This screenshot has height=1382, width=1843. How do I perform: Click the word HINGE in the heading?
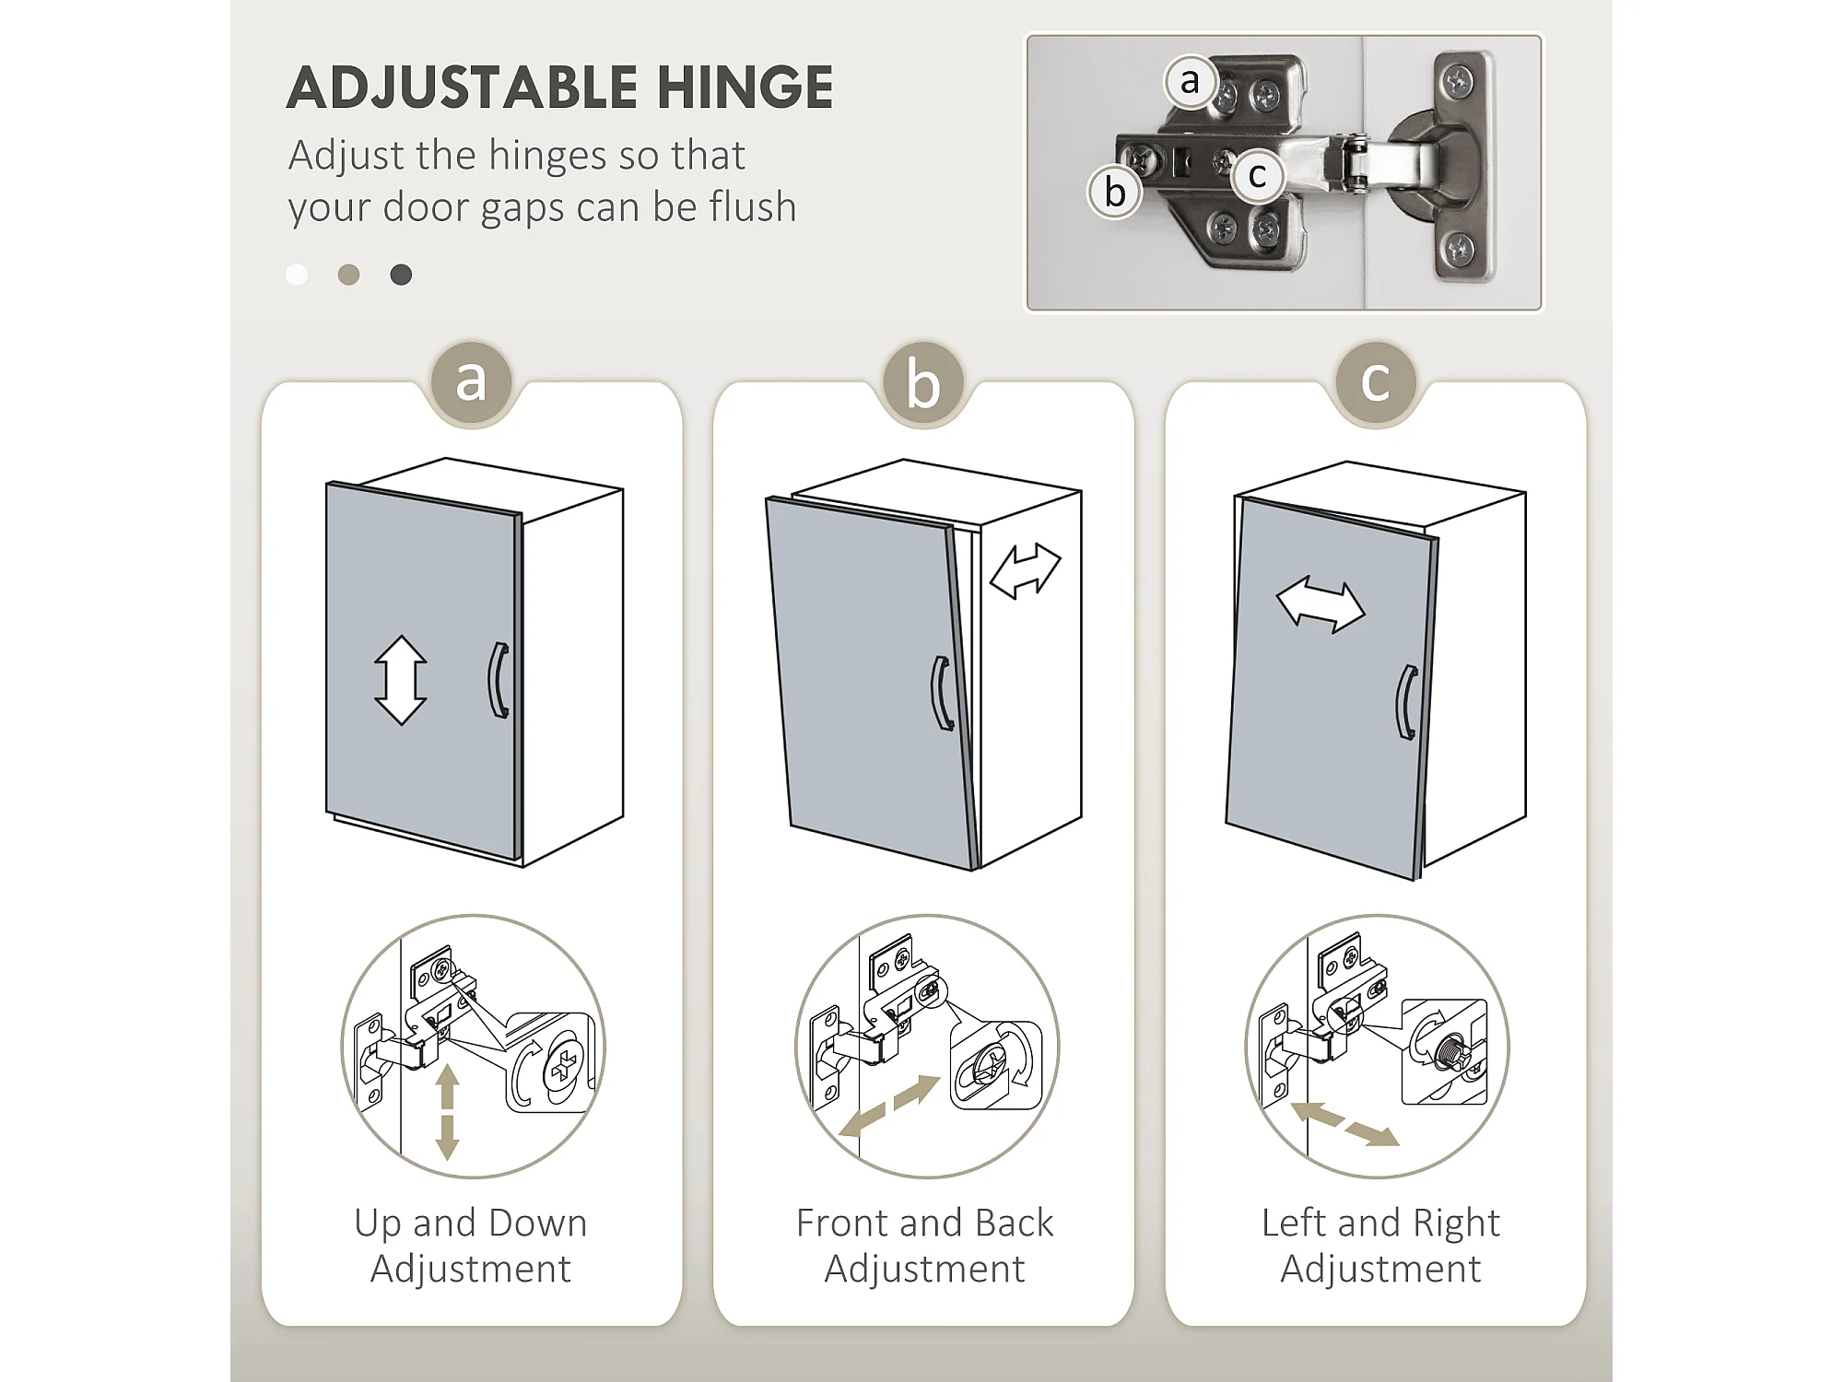pyautogui.click(x=745, y=88)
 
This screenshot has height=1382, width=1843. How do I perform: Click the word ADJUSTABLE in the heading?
pyautogui.click(x=462, y=88)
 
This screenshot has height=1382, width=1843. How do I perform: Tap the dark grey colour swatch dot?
pyautogui.click(x=401, y=275)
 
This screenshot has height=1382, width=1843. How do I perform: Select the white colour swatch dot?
pyautogui.click(x=297, y=275)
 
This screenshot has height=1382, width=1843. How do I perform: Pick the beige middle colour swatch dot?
pyautogui.click(x=348, y=275)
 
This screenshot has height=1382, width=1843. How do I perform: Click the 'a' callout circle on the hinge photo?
pyautogui.click(x=1191, y=81)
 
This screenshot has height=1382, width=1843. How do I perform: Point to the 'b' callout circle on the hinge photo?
pyautogui.click(x=1115, y=193)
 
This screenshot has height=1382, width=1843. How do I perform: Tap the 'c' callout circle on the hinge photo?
pyautogui.click(x=1258, y=175)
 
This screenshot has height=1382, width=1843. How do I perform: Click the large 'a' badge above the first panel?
pyautogui.click(x=471, y=381)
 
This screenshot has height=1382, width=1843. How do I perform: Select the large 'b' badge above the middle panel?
pyautogui.click(x=923, y=381)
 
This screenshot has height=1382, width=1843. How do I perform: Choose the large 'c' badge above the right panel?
pyautogui.click(x=1376, y=381)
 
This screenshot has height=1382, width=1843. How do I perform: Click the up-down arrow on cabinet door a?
pyautogui.click(x=401, y=680)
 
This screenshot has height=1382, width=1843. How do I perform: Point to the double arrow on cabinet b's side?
pyautogui.click(x=1026, y=571)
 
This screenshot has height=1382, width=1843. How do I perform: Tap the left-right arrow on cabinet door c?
pyautogui.click(x=1321, y=605)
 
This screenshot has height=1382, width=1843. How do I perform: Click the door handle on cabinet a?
pyautogui.click(x=498, y=680)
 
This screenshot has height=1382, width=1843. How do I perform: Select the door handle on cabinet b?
pyautogui.click(x=942, y=694)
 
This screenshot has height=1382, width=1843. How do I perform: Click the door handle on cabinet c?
pyautogui.click(x=1406, y=702)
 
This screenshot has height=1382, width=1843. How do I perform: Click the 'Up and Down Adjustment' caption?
pyautogui.click(x=471, y=1246)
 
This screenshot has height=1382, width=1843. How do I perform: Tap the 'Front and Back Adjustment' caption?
pyautogui.click(x=924, y=1246)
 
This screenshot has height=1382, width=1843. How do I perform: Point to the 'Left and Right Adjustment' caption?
pyautogui.click(x=1380, y=1246)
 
